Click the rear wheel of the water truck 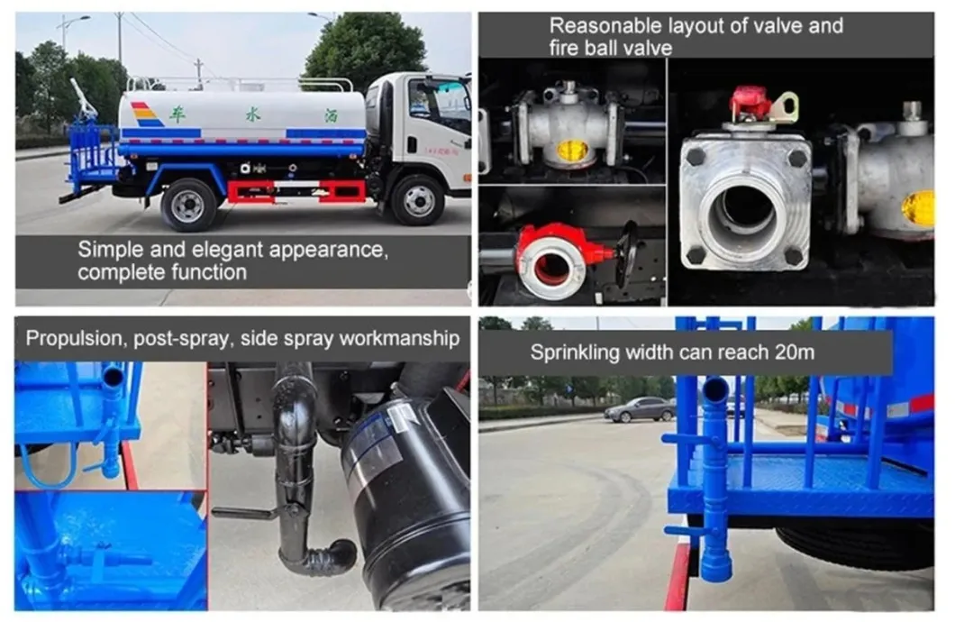[188, 205]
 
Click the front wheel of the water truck [418, 200]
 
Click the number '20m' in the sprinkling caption [795, 352]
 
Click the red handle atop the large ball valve [751, 105]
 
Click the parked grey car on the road [640, 409]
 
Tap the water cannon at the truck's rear [84, 98]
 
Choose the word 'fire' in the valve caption [566, 48]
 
